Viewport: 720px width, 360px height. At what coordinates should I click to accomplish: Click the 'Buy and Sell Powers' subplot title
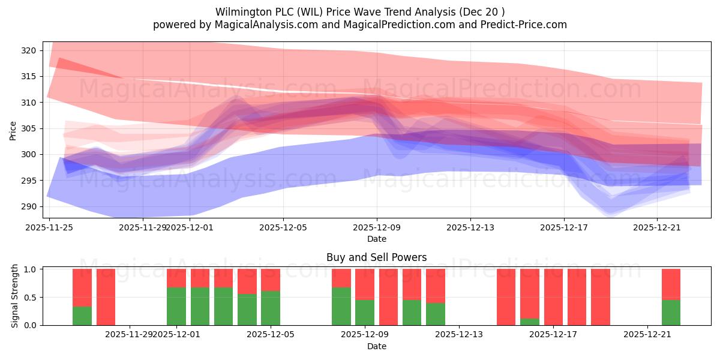click(x=376, y=257)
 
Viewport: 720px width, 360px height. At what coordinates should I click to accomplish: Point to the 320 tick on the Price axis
click(x=29, y=50)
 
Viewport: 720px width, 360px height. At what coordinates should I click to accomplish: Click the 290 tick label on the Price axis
click(x=29, y=206)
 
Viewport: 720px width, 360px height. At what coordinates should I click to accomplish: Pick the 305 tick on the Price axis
click(x=29, y=128)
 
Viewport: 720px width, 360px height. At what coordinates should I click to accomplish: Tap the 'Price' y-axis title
click(x=13, y=130)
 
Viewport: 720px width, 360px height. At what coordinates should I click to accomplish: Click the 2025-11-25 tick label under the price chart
click(x=50, y=227)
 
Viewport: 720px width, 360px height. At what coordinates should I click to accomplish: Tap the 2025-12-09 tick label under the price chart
click(x=377, y=227)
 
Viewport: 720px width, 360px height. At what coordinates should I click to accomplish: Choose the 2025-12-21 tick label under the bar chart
click(x=647, y=334)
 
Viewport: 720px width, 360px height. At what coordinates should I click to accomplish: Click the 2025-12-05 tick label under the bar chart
click(x=271, y=334)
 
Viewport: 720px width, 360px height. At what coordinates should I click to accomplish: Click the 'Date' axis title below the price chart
click(x=376, y=239)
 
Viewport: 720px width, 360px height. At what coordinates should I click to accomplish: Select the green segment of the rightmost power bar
click(x=671, y=312)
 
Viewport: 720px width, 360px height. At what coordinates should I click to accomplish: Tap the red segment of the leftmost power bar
click(x=82, y=287)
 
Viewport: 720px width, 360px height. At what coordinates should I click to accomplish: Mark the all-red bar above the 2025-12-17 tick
click(x=553, y=297)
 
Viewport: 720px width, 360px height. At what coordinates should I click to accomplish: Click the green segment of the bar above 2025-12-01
click(x=176, y=306)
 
